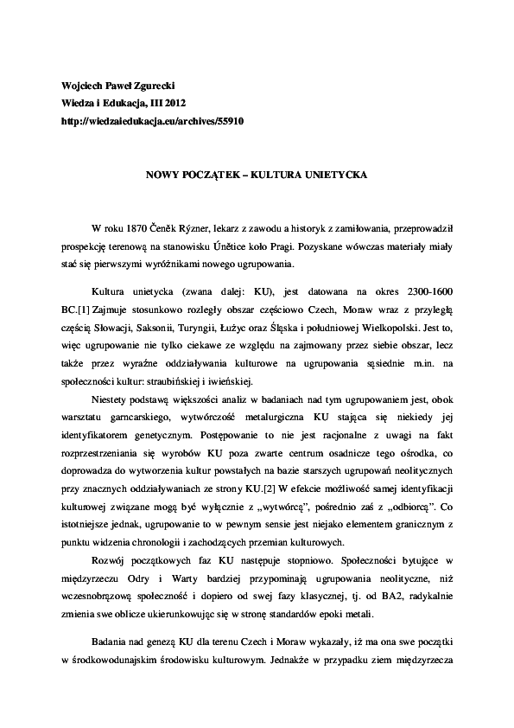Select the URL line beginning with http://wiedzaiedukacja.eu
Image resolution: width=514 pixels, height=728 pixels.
(143, 122)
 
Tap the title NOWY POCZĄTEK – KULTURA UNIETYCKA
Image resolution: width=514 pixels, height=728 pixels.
(257, 175)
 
